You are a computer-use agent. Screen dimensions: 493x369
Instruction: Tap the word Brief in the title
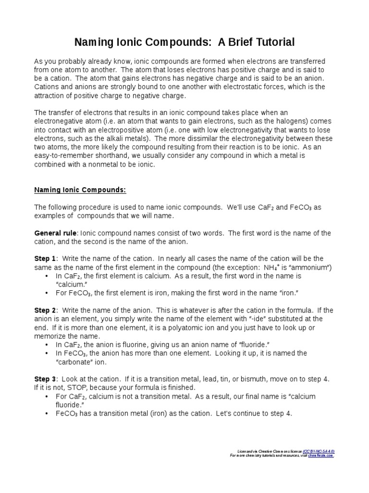coord(231,42)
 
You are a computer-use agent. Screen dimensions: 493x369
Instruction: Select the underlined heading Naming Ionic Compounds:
coord(80,190)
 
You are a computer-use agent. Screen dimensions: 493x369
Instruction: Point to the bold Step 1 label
coord(45,259)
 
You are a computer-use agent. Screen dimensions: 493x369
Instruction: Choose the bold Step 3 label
coord(45,379)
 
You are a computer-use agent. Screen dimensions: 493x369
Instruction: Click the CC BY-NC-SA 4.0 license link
coord(319,451)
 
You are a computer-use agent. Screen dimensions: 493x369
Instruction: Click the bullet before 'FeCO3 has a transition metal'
coord(46,414)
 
